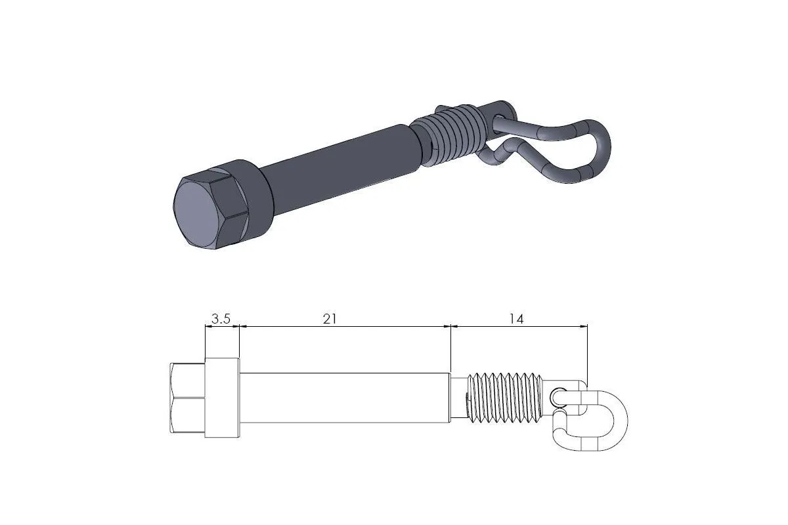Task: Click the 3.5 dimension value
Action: [x=221, y=319]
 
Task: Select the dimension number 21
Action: [x=330, y=319]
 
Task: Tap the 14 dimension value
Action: [x=516, y=319]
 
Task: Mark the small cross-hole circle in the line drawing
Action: [x=558, y=396]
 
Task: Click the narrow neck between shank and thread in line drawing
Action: [x=458, y=397]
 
